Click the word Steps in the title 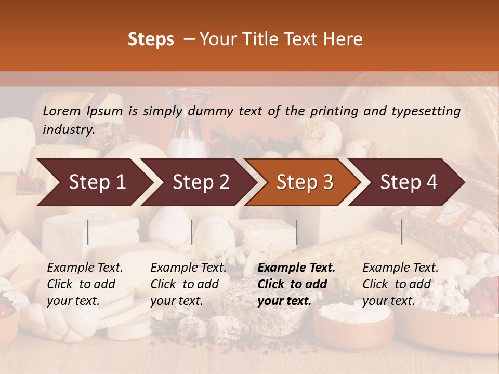(x=151, y=39)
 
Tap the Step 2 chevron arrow (x=201, y=182)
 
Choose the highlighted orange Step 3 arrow (x=305, y=182)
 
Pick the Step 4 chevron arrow (x=409, y=182)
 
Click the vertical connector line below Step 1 (x=88, y=232)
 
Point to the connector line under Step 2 (x=192, y=232)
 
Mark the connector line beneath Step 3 (x=297, y=232)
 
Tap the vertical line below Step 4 (x=401, y=232)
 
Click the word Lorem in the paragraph (x=62, y=111)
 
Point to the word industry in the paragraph (x=68, y=130)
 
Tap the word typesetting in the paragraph (x=427, y=111)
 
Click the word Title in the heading (x=260, y=39)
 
